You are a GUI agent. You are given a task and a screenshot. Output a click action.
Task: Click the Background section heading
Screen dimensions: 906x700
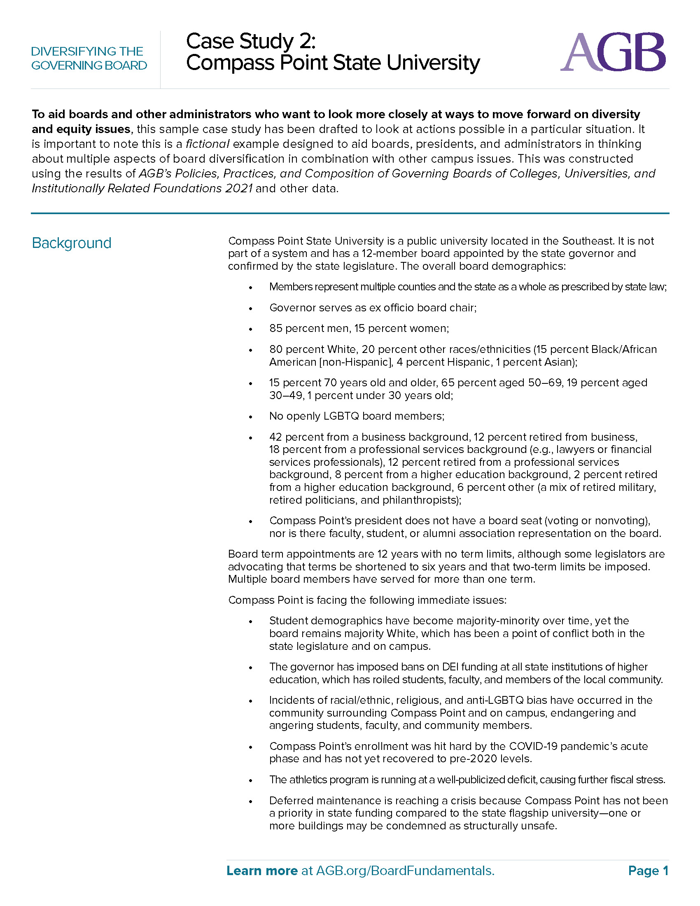pos(71,243)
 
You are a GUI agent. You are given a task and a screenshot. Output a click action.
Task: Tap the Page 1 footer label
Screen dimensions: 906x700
pos(648,870)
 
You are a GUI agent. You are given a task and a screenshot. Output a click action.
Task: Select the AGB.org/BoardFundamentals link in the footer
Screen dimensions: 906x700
pos(405,870)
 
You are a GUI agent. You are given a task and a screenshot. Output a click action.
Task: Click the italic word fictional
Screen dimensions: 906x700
pos(208,144)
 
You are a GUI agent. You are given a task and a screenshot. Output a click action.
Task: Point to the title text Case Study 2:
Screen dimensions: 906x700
pos(251,41)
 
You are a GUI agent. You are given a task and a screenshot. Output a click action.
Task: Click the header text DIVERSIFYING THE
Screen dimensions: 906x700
pos(87,51)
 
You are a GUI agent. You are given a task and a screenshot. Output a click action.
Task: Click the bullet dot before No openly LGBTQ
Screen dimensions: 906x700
pos(250,417)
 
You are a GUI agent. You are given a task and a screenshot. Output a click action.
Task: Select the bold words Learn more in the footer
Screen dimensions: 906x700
pos(261,870)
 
